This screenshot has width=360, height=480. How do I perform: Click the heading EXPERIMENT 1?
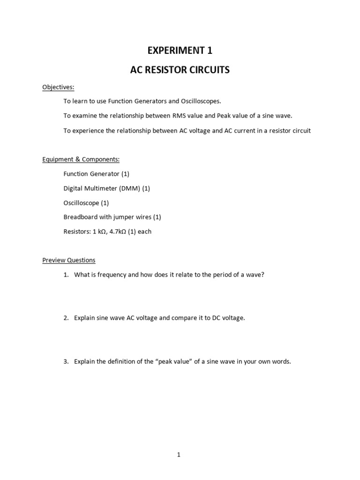180,50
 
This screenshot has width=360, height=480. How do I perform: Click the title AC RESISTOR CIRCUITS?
180,70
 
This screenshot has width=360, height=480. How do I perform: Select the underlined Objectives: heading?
58,87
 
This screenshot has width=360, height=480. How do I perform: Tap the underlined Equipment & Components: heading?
81,159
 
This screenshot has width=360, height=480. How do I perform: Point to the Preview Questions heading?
68,260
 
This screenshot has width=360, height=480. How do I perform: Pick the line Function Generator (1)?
96,174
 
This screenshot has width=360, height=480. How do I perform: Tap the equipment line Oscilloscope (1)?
86,203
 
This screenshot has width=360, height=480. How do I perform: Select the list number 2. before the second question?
66,318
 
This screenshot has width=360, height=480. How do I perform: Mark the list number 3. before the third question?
66,361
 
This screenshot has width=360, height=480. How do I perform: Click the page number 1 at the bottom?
179,454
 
